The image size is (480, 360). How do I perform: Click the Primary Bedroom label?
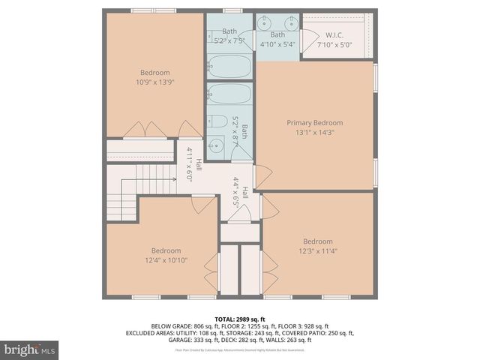[314, 123]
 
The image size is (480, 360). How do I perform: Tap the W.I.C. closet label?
[334, 35]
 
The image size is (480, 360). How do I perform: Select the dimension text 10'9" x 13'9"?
[155, 82]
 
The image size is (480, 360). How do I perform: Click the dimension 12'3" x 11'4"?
[317, 251]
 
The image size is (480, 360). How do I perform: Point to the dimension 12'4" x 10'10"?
[166, 260]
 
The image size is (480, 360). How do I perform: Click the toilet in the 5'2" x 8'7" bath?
[218, 122]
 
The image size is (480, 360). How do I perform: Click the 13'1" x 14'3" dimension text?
[314, 132]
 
